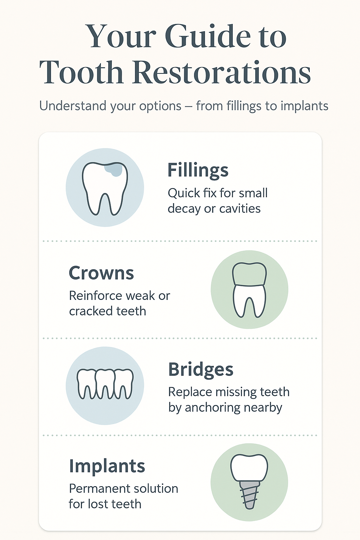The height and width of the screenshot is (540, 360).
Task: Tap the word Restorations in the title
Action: tap(221, 72)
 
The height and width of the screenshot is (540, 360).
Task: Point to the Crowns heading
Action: tap(101, 273)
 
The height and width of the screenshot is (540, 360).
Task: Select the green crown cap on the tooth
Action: tap(249, 274)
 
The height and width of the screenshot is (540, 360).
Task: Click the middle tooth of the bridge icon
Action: tap(105, 384)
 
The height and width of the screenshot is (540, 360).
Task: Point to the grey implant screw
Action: tap(249, 495)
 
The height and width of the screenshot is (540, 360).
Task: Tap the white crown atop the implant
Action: tap(249, 468)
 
